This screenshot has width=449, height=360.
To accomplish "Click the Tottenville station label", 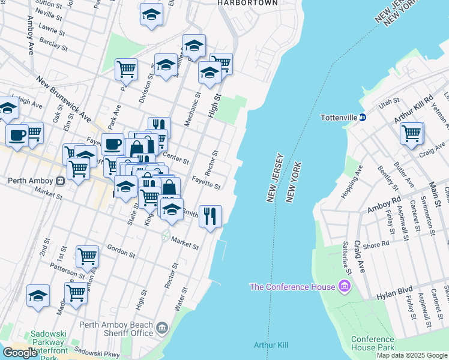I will pos(339,117).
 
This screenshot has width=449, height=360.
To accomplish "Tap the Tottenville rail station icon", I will pos(363,117).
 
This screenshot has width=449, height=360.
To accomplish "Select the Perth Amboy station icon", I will pos(60,180).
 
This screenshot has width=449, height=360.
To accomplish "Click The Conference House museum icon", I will pos(345,287).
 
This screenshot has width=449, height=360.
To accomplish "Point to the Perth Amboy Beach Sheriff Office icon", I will pos(161,328).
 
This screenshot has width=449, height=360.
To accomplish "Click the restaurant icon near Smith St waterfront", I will pos(210,217).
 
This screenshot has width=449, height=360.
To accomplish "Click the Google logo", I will pos(19,353).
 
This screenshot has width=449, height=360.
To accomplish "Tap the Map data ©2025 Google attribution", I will pos(412,355).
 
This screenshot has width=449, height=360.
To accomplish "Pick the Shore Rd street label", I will pos(376,245).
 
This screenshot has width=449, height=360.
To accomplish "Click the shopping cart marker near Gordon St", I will pos(88,257).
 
